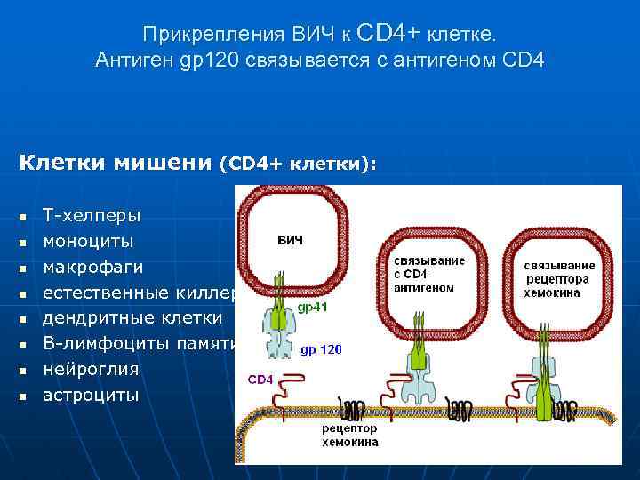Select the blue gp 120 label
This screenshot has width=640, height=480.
[x=321, y=349]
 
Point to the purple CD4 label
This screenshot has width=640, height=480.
[x=260, y=379]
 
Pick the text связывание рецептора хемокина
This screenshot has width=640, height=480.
[x=559, y=279]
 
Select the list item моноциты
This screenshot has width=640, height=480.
[x=89, y=241]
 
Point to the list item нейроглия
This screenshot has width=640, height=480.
[x=91, y=368]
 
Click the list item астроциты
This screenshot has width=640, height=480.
[x=91, y=394]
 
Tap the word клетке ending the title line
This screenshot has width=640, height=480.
[x=462, y=35]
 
